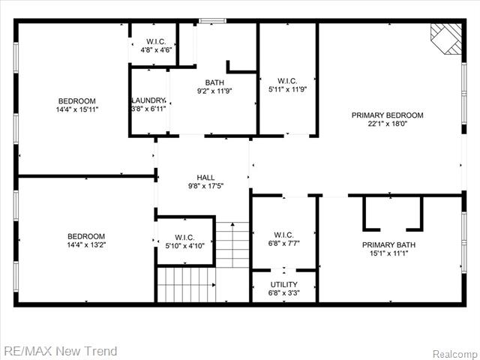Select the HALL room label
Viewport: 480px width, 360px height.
[x=205, y=178]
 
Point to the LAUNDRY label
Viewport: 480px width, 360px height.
[x=148, y=100]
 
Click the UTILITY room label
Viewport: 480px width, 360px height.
[x=284, y=284]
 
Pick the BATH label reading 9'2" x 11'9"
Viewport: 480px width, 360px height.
[x=215, y=82]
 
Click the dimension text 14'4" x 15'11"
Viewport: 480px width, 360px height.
[x=77, y=109]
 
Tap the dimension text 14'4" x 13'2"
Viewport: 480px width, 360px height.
[x=85, y=244]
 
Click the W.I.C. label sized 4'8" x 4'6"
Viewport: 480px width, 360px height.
[x=157, y=41]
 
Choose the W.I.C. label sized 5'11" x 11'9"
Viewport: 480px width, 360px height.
[x=287, y=81]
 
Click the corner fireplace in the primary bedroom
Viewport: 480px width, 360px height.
[x=448, y=37]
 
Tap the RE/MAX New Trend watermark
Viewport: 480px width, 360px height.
[x=61, y=350]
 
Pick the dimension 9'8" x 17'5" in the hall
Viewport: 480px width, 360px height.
[x=205, y=186]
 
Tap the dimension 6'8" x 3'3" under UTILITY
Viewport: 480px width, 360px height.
[x=284, y=293]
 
